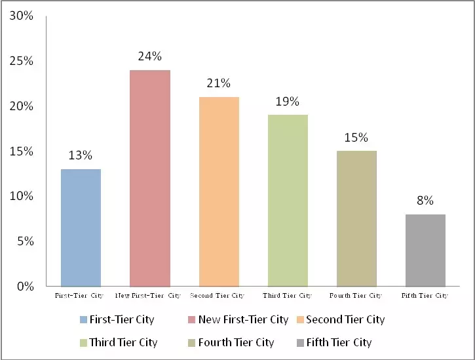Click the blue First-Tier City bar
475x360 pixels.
[81, 228]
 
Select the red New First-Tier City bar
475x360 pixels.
[150, 178]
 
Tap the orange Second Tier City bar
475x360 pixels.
[219, 191]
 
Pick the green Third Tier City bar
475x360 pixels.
[288, 200]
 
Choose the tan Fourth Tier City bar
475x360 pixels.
[356, 218]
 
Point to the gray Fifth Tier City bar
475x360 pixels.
[425, 250]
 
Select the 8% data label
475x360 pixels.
[425, 201]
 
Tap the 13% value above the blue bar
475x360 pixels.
[81, 155]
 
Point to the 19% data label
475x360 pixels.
[288, 101]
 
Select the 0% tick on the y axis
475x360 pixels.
[24, 287]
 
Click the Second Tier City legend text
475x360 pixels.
[345, 320]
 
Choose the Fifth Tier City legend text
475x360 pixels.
[339, 342]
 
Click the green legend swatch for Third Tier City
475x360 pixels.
[83, 343]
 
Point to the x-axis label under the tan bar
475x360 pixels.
[356, 296]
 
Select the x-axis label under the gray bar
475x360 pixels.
[425, 296]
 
